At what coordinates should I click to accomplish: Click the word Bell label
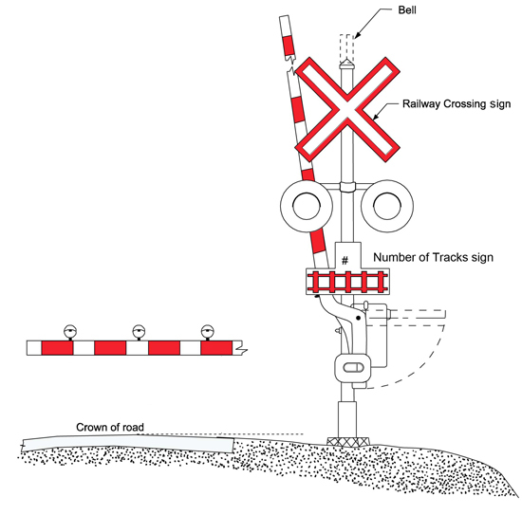(x=407, y=10)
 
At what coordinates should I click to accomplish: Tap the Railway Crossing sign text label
(x=457, y=103)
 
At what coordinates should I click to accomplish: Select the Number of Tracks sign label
(x=433, y=257)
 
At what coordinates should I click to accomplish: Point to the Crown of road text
(x=110, y=427)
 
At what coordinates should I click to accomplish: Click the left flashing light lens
(x=307, y=206)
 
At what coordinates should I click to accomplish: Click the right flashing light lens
(x=387, y=206)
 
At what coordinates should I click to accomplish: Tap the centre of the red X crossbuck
(x=346, y=109)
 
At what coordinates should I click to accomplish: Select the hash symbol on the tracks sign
(x=345, y=260)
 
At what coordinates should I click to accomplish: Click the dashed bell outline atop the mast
(x=346, y=48)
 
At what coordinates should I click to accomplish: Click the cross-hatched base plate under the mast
(x=348, y=441)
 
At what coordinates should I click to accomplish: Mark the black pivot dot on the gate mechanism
(x=358, y=318)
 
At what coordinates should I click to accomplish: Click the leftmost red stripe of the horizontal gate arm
(x=57, y=348)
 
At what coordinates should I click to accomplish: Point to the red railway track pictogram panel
(x=347, y=282)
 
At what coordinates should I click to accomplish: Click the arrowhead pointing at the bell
(x=357, y=35)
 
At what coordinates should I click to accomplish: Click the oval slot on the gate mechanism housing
(x=352, y=368)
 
